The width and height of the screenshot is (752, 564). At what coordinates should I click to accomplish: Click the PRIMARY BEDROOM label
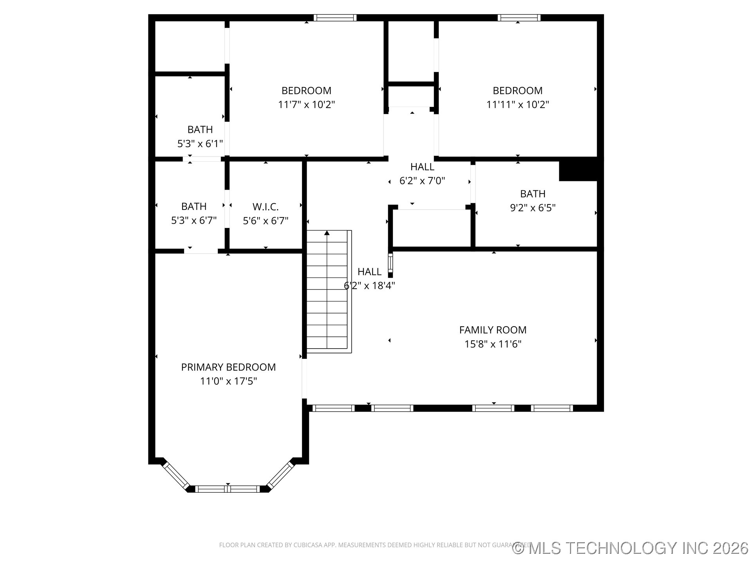[x=228, y=367]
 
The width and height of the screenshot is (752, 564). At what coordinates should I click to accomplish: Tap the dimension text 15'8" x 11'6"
[x=493, y=344]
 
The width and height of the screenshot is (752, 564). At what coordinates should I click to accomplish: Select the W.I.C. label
[x=266, y=207]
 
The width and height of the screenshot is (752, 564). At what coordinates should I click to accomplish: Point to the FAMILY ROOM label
[x=493, y=330]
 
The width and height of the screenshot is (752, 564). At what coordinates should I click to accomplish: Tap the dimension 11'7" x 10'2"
[x=306, y=105]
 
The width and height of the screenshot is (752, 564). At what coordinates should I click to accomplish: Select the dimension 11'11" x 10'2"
[x=517, y=105]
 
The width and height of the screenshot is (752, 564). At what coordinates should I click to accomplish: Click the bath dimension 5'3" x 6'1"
[x=200, y=144]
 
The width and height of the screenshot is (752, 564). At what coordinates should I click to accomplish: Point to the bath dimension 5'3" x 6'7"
[x=194, y=221]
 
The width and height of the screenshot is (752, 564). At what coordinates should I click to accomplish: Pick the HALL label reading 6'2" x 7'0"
[x=422, y=167]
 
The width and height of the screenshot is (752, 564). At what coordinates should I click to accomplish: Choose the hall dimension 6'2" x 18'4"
[x=369, y=286]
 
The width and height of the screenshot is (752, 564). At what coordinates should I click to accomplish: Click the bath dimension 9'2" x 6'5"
[x=533, y=208]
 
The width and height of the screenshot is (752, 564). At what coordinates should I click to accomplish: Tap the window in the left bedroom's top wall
[x=335, y=18]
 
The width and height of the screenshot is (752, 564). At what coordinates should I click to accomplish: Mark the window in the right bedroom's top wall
[x=519, y=18]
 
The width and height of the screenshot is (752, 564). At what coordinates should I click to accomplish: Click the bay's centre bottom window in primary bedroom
[x=228, y=489]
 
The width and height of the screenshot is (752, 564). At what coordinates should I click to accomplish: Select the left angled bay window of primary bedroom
[x=176, y=475]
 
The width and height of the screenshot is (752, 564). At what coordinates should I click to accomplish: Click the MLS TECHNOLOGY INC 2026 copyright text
[x=631, y=548]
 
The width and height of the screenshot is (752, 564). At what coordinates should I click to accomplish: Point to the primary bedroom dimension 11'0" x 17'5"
[x=228, y=381]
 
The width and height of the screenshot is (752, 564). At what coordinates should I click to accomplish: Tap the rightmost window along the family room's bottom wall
[x=552, y=408]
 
